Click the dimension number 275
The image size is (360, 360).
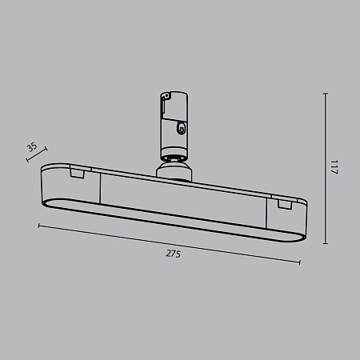(x=174, y=254)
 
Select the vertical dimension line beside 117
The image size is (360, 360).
(x=326, y=170)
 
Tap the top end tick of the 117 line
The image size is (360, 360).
(x=326, y=94)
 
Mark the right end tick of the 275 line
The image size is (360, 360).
(x=301, y=262)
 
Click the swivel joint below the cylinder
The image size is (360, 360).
(x=174, y=168)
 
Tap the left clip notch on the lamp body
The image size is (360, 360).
(x=78, y=173)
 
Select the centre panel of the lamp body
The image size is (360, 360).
(x=172, y=200)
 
